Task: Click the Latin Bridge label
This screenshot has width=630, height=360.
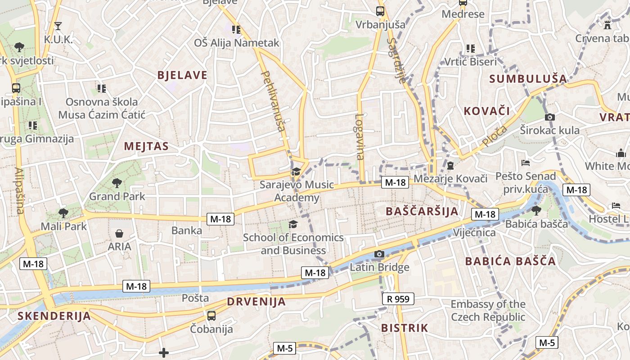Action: tap(379, 267)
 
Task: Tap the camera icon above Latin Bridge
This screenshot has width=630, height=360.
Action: tap(379, 254)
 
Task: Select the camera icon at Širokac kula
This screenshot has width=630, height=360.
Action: tap(549, 117)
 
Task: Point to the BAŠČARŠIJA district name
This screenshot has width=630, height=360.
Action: tap(422, 211)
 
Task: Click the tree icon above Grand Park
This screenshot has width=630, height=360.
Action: tap(117, 183)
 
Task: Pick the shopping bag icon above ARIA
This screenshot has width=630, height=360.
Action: tap(119, 234)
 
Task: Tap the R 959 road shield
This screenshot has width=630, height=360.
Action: tap(398, 298)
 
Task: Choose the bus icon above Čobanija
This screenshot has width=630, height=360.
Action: tap(211, 316)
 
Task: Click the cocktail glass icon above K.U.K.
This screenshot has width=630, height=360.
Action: tap(58, 26)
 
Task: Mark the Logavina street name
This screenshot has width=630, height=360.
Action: tap(359, 136)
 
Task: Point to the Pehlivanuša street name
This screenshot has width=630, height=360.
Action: tap(273, 101)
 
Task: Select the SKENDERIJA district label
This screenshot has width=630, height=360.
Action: tap(54, 316)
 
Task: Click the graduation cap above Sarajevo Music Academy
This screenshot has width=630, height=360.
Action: tap(296, 171)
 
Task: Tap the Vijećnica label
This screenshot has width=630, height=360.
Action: tap(474, 233)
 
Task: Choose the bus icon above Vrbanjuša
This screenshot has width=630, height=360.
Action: tap(380, 11)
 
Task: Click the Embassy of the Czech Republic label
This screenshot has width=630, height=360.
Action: tap(488, 310)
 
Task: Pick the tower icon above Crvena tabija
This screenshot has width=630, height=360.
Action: tap(607, 25)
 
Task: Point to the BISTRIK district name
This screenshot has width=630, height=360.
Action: tap(404, 328)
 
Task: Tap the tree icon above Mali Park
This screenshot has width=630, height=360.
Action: tap(63, 213)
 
